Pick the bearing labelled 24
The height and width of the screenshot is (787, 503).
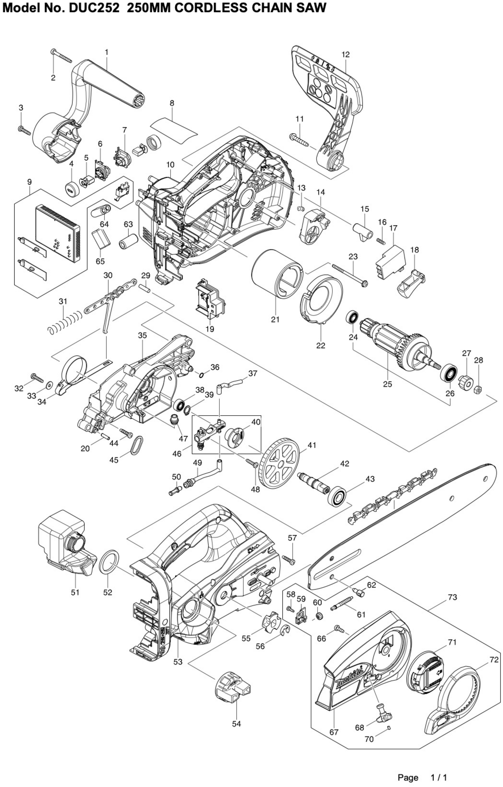coord(353,317)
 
